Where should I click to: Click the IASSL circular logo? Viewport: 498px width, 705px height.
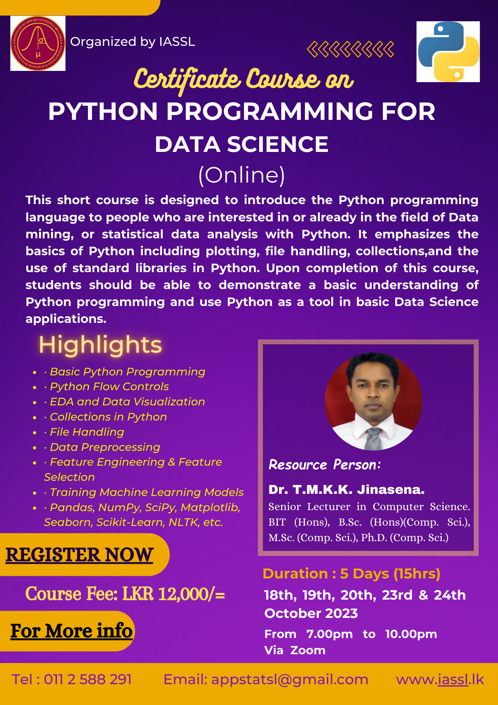(38, 43)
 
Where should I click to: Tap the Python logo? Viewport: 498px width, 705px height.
(448, 52)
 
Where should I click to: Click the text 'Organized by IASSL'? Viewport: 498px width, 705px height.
(132, 42)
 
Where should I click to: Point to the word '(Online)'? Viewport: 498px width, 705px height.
(242, 175)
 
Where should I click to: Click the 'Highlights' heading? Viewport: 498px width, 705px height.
(100, 345)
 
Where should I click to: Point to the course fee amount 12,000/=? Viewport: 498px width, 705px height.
(192, 594)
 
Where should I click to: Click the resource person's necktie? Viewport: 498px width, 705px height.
(374, 439)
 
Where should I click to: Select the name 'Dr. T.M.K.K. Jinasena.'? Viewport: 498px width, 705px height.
(347, 490)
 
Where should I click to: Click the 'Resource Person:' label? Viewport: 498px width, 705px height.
(325, 465)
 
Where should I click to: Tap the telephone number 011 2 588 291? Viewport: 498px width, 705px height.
(88, 679)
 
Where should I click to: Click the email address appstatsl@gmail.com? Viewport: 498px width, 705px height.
(290, 680)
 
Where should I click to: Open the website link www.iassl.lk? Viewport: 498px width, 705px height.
(440, 680)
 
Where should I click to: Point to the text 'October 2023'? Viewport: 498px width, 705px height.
(311, 613)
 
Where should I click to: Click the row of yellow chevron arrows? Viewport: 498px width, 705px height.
(350, 49)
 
